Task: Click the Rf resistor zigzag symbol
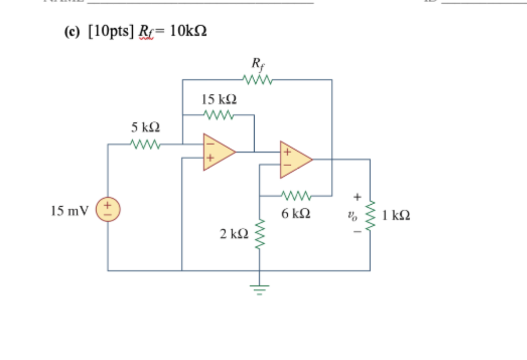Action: point(256,80)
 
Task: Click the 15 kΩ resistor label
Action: point(220,99)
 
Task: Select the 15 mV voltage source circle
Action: point(108,210)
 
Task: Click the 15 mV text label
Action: point(70,211)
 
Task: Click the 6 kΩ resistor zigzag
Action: point(295,196)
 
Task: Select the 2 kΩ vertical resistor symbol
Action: point(259,234)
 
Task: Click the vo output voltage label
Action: point(352,215)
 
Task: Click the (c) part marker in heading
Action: point(73,32)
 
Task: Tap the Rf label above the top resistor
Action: point(257,64)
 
